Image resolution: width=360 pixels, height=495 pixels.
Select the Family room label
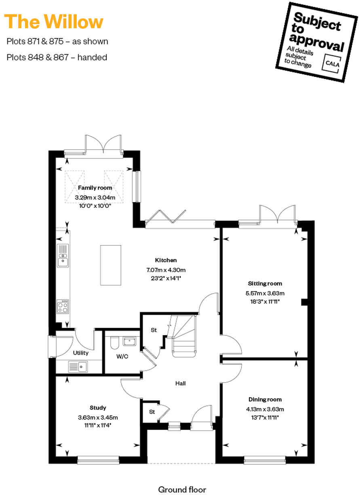click(x=95, y=188)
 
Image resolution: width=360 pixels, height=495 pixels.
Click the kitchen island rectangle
click(x=110, y=264)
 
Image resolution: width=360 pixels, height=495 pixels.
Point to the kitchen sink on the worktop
click(x=63, y=256)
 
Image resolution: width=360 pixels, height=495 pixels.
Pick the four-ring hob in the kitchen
click(x=63, y=307)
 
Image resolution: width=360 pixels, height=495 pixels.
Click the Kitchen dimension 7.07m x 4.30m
click(x=166, y=270)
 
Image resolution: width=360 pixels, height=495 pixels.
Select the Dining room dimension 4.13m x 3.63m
click(x=265, y=409)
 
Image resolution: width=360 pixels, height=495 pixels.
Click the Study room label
click(x=98, y=408)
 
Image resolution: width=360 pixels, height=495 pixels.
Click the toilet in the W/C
click(x=114, y=343)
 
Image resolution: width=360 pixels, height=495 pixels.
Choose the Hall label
click(x=180, y=383)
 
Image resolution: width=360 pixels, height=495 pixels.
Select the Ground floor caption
click(x=182, y=489)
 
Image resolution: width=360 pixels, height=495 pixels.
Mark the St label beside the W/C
click(x=154, y=330)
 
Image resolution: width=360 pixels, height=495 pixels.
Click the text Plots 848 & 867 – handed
click(x=57, y=57)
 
